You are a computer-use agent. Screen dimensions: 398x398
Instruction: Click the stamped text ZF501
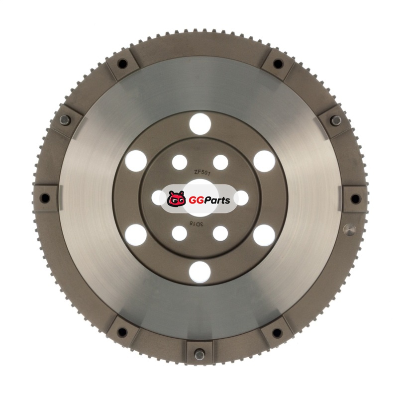coord(202,173)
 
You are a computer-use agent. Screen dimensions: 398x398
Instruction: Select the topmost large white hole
coord(200,124)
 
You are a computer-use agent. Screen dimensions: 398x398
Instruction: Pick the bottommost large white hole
coord(200,272)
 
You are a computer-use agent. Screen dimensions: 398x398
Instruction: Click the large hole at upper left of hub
coord(136,161)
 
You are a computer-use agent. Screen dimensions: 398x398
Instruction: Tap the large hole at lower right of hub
coord(264,235)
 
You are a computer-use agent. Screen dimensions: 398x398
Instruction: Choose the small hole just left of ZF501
coord(180,162)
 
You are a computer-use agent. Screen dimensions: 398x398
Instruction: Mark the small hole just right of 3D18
coord(220,233)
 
